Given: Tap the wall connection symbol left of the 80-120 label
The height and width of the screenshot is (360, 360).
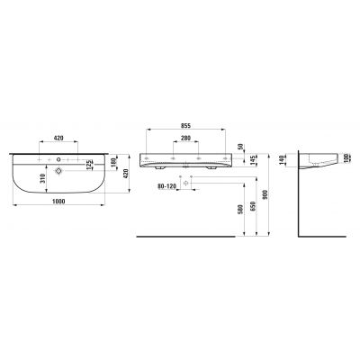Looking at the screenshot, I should coord(185,182).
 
